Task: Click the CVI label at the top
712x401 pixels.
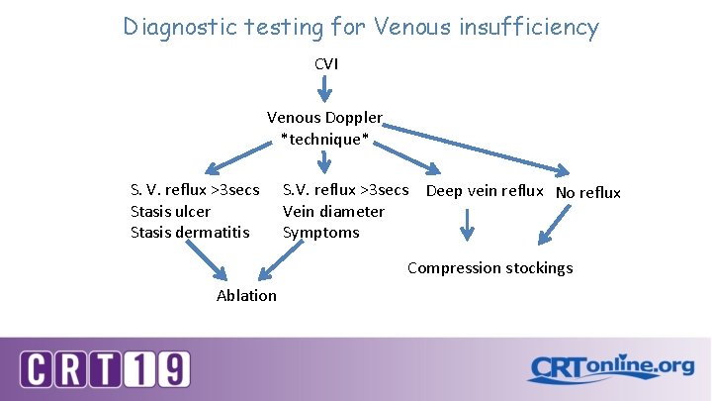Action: coord(326,63)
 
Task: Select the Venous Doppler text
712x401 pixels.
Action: coord(324,118)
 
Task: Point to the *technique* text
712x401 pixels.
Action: coord(324,140)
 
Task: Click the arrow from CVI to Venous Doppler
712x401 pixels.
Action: coord(325,90)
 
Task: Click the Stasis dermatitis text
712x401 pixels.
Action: coord(190,233)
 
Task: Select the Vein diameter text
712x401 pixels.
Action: coord(333,211)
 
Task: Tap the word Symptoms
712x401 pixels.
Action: coord(321,233)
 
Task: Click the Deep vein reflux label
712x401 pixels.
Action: coord(485,190)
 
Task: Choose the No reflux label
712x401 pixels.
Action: coord(588,192)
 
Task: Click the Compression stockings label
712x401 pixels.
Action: coord(489,267)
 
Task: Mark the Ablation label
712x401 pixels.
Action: coord(246,295)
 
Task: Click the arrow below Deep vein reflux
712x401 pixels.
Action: coord(468,225)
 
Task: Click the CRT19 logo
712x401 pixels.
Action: coord(105,369)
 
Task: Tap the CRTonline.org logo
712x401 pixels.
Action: coord(610,368)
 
